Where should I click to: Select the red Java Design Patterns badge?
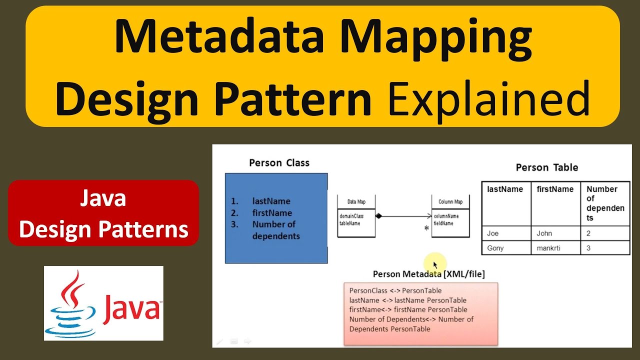pos(103,213)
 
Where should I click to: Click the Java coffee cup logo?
pos(70,303)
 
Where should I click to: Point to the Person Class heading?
pos(279,162)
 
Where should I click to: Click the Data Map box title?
pos(356,201)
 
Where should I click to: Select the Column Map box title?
pos(450,201)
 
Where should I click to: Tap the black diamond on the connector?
pos(378,216)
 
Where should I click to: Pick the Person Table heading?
pos(547,167)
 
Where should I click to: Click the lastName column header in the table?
pos(504,189)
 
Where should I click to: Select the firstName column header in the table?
pos(555,189)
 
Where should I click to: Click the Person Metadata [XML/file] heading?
pos(428,274)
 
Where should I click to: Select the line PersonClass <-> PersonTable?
pos(395,290)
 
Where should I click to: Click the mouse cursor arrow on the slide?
pos(435,264)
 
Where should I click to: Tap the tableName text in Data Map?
pos(349,223)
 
